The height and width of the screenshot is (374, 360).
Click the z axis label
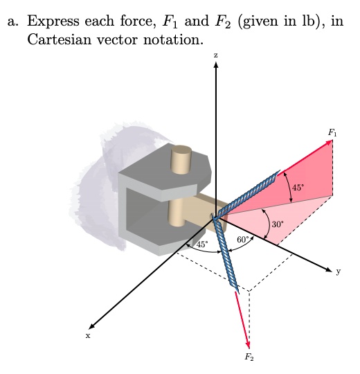[216, 55]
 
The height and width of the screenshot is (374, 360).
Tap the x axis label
[88, 336]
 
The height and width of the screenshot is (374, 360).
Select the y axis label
[339, 271]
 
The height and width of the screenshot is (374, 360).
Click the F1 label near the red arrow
[332, 132]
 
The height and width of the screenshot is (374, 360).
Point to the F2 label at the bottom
[249, 357]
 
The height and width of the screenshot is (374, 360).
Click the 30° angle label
[278, 224]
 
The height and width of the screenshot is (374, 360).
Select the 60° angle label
[243, 240]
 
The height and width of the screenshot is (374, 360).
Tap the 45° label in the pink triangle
[298, 188]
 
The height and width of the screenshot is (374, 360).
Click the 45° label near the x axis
[202, 244]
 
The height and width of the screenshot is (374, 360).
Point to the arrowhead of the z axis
[216, 64]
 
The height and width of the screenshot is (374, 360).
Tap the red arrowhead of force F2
[247, 345]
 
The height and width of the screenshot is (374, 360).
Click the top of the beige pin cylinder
[181, 150]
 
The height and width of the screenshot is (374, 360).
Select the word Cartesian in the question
[60, 39]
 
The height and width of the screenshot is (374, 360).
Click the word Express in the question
[53, 21]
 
